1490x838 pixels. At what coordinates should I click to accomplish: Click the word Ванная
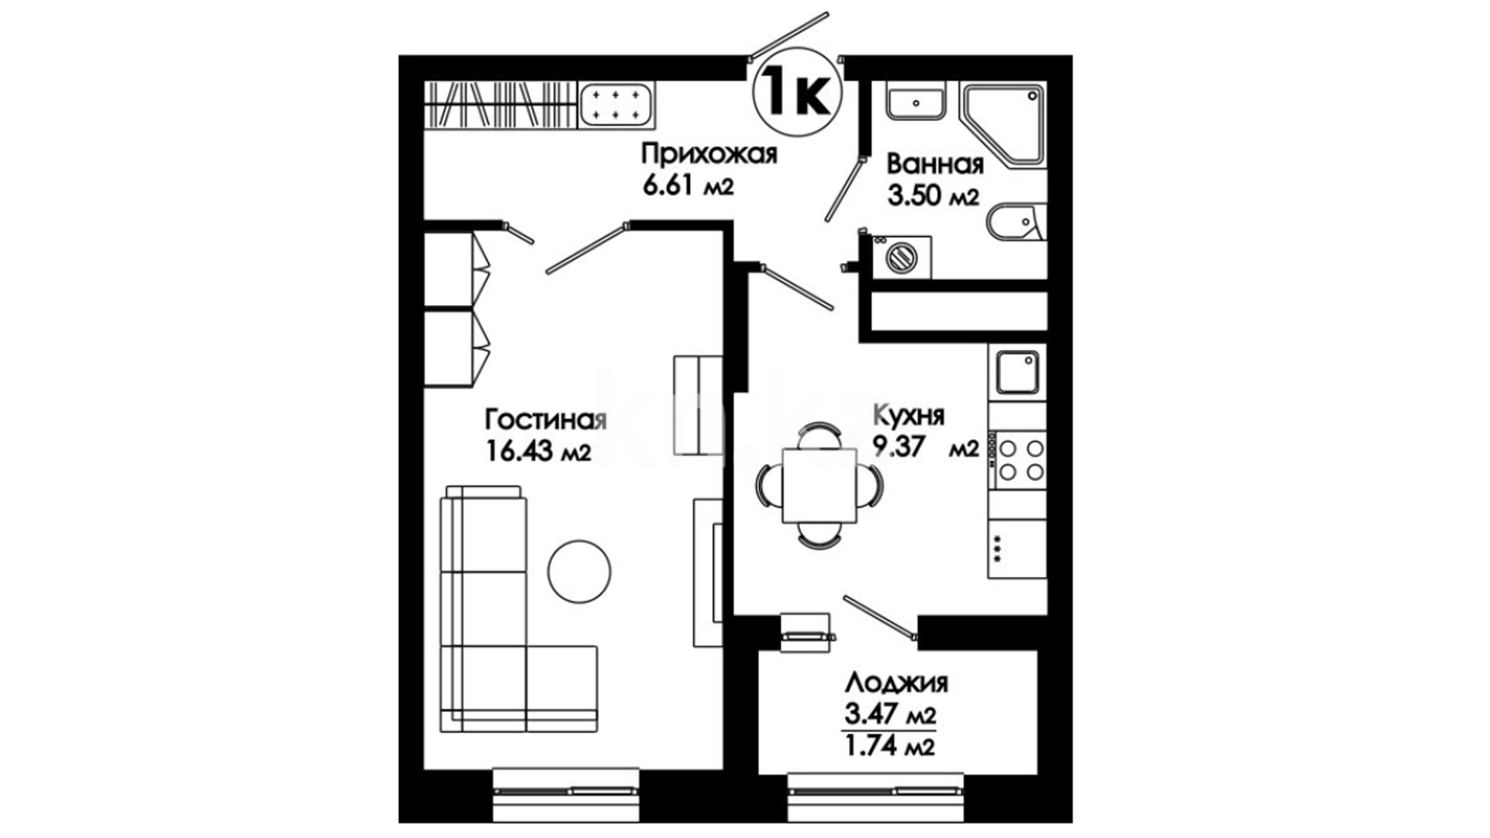pos(935,164)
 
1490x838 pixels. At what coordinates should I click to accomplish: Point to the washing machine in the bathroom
pos(902,257)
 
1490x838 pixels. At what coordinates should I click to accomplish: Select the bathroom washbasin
pos(917,102)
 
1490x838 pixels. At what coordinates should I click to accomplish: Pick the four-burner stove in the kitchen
pos(1017,459)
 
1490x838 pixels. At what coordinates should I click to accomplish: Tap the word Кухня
pos(909,417)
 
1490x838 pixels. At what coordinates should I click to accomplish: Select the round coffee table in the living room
pos(579,572)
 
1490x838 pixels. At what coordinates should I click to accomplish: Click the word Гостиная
pos(546,420)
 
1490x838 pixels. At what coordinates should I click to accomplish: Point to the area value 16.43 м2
pos(539,450)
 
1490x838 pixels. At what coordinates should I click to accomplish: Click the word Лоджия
pos(896,684)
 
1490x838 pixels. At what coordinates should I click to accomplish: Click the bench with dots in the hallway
pos(616,106)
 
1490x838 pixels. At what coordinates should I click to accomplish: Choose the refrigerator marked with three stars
pos(1017,549)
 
